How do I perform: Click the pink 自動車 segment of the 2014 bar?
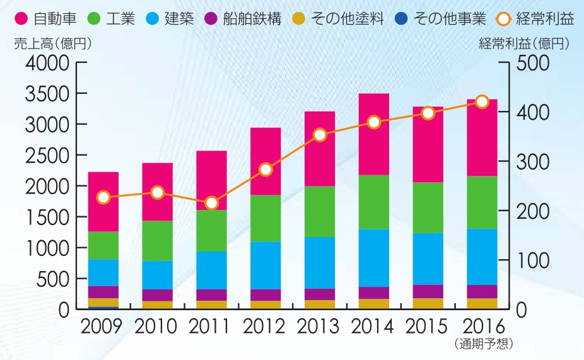coord(374,134)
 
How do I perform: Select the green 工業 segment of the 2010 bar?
coord(158,240)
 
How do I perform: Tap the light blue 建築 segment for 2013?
coord(320,262)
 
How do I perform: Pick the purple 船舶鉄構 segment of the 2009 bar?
coord(103,292)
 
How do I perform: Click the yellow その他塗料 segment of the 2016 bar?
coord(482,303)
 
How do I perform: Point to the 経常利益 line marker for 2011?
coord(212,203)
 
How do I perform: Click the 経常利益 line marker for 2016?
coord(482,102)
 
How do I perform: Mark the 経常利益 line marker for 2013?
coord(320,135)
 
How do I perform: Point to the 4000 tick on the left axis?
coord(47,63)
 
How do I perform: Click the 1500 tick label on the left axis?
coord(47,218)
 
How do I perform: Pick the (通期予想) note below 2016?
coord(482,344)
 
